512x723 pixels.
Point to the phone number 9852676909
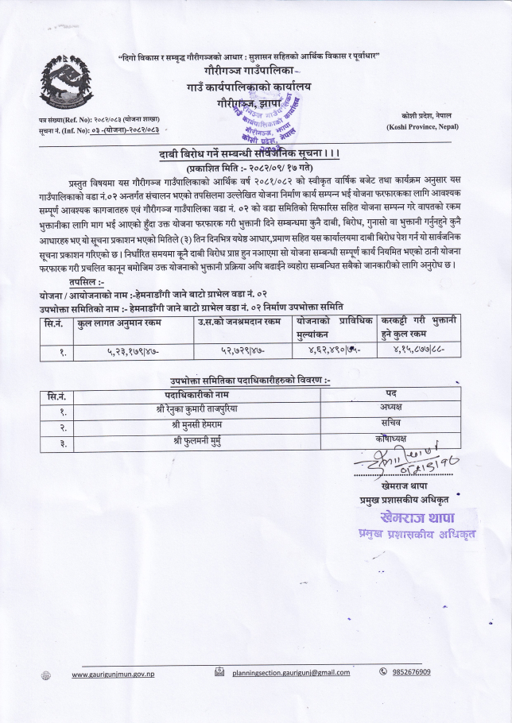pyautogui.click(x=410, y=672)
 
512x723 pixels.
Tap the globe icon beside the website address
pyautogui.click(x=45, y=675)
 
